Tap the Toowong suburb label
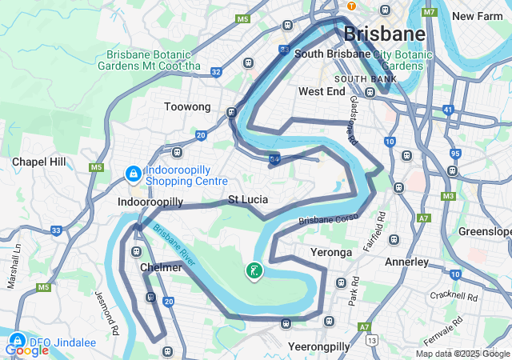pyautogui.click(x=186, y=106)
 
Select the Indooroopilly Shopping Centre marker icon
pyautogui.click(x=132, y=173)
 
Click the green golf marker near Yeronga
pyautogui.click(x=254, y=271)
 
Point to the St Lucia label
pyautogui.click(x=248, y=199)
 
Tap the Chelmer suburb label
pyautogui.click(x=161, y=267)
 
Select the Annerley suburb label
pyautogui.click(x=407, y=262)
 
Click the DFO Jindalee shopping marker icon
pyautogui.click(x=17, y=338)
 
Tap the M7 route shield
pyautogui.click(x=430, y=12)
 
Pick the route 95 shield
pyautogui.click(x=455, y=153)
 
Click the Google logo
pyautogui.click(x=26, y=350)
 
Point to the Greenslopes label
pyautogui.click(x=485, y=232)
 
